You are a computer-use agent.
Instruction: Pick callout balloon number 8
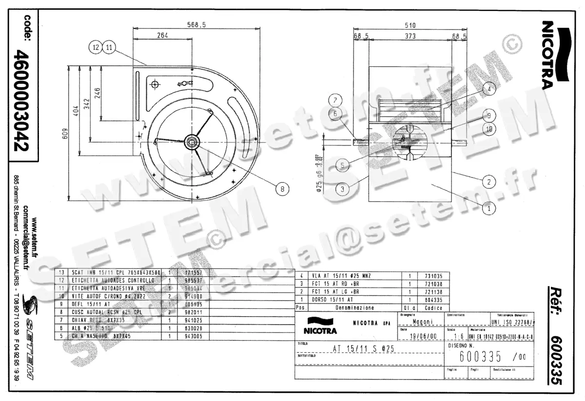tap(281, 188)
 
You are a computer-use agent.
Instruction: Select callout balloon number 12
tap(96, 47)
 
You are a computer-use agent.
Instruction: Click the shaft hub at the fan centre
tap(191, 142)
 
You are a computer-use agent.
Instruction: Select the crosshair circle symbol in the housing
tap(156, 85)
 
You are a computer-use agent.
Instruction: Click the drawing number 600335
tap(480, 357)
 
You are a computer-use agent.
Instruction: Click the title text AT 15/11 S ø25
tap(363, 348)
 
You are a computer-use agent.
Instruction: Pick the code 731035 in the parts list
tap(433, 276)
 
